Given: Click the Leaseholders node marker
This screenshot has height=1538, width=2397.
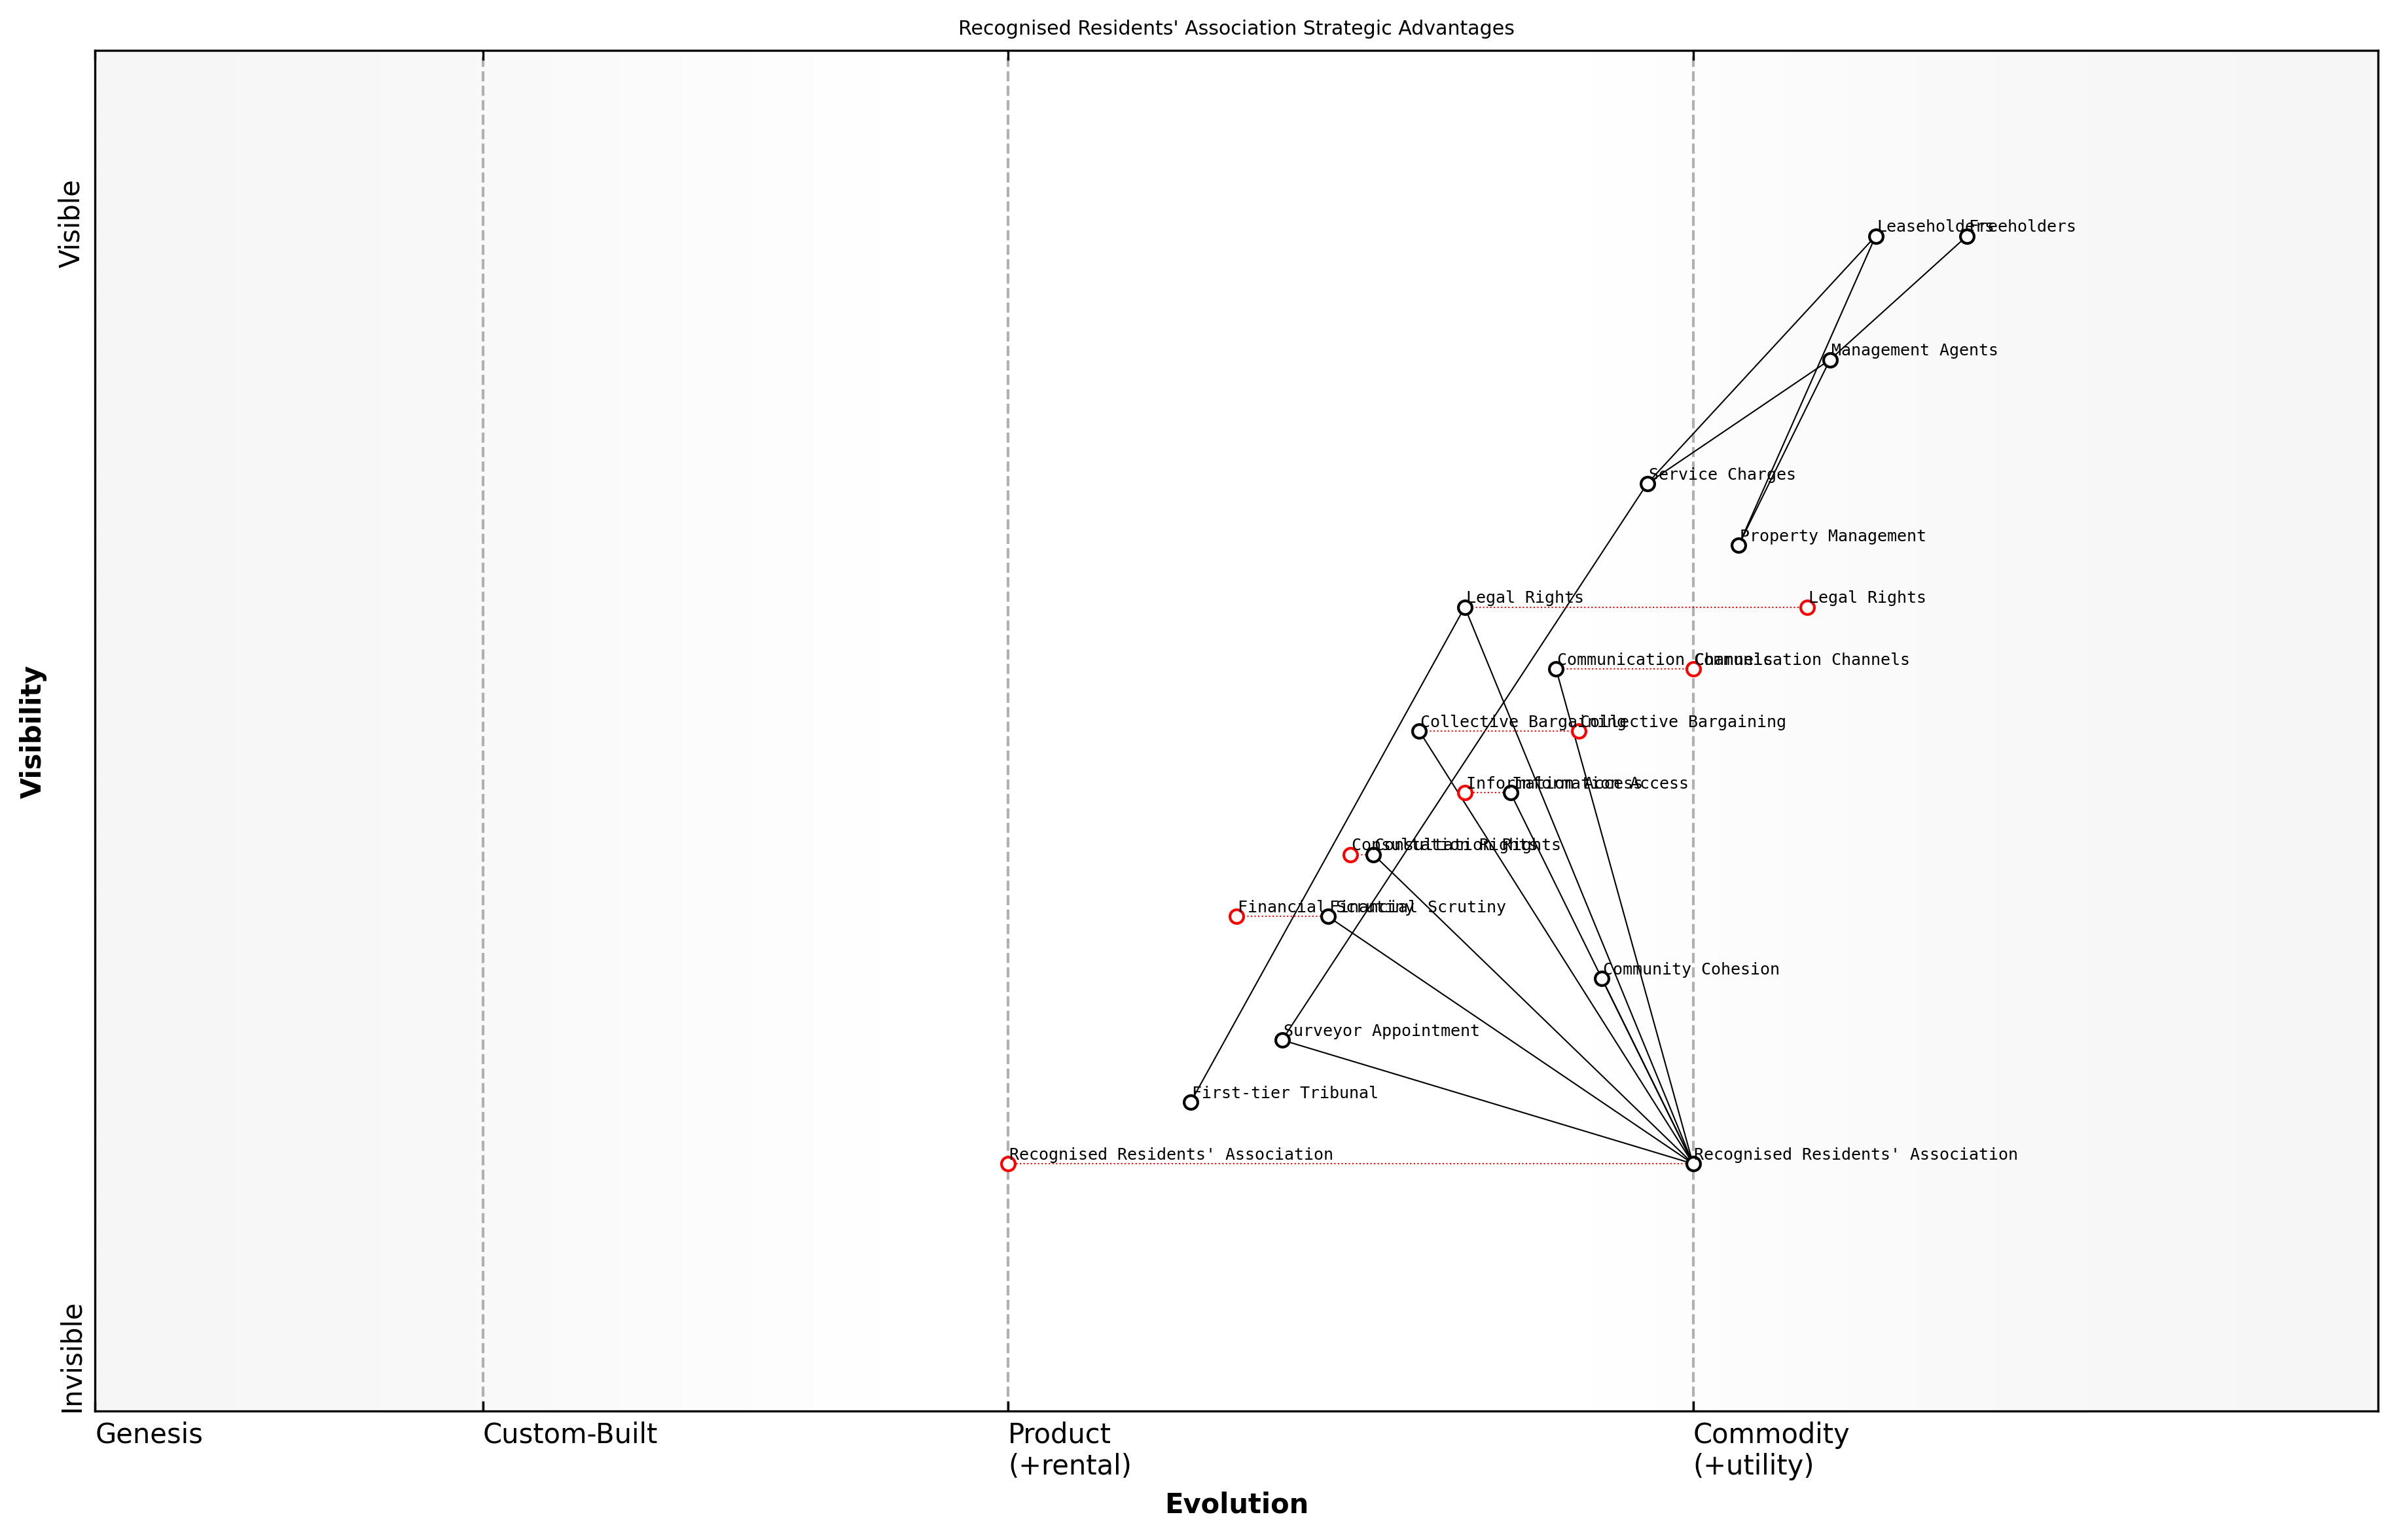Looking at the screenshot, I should [x=1876, y=237].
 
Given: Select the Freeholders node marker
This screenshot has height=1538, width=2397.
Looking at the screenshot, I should [x=1966, y=237].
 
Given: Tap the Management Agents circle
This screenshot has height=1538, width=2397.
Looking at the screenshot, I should [x=1829, y=361].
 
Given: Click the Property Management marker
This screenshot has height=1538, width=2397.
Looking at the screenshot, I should [x=1739, y=545].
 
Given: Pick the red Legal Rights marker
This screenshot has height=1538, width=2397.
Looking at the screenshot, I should [x=1807, y=607].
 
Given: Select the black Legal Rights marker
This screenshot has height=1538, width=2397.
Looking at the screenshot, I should [x=1465, y=607].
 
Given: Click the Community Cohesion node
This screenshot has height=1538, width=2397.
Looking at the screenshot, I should [x=1602, y=978].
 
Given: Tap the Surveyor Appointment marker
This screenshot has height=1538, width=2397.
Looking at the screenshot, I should [x=1282, y=1041].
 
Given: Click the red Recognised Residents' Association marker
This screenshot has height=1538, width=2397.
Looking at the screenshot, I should [x=1008, y=1164].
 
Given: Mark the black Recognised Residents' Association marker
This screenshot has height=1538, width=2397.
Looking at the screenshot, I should [x=1693, y=1164].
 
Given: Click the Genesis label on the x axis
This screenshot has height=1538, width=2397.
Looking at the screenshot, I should [x=149, y=1435].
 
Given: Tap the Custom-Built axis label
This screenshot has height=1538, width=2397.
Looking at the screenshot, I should [x=570, y=1435].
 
